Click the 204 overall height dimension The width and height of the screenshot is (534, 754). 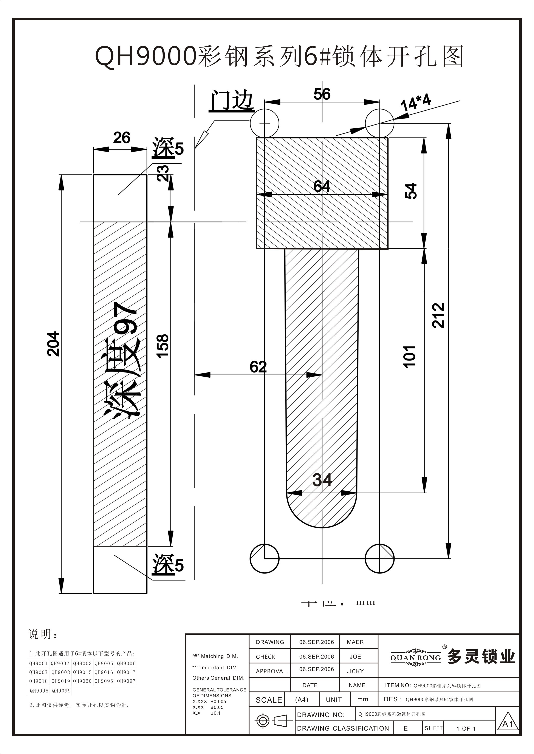[53, 344]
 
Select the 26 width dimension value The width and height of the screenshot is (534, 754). [121, 138]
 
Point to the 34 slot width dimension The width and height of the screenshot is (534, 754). [322, 480]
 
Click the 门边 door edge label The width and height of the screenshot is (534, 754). [232, 101]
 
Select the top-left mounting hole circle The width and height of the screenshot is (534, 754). [264, 123]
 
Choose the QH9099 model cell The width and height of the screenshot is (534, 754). [61, 691]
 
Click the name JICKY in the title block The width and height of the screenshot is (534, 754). [355, 671]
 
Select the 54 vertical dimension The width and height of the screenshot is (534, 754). [411, 191]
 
